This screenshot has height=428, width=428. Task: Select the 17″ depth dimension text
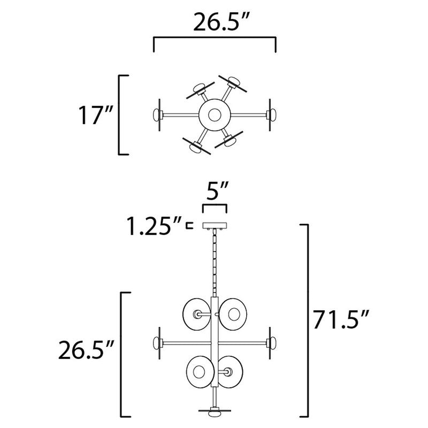click(95, 115)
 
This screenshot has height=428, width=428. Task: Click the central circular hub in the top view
click(214, 114)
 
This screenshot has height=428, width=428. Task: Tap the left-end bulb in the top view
click(157, 114)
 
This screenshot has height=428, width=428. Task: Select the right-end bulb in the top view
click(272, 114)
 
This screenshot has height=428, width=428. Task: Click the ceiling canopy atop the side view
click(214, 226)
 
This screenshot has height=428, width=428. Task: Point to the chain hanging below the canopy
click(214, 262)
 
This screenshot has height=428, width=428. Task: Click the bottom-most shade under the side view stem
click(214, 412)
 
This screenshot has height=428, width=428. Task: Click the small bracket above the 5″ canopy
click(214, 207)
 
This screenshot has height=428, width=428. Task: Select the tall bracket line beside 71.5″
click(308, 321)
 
